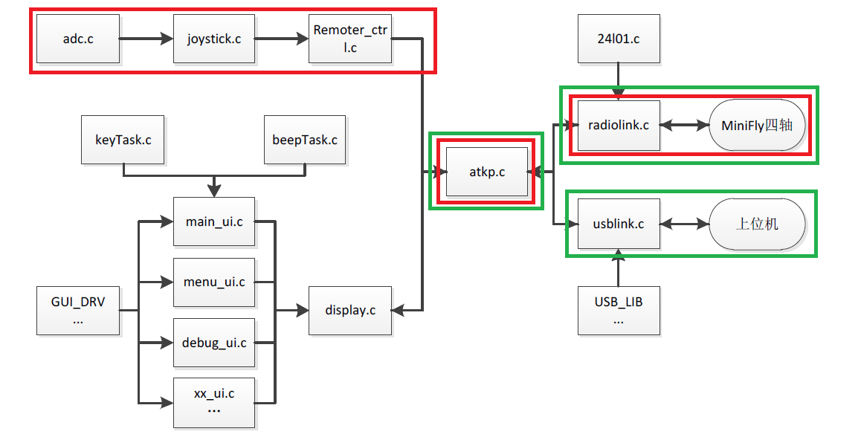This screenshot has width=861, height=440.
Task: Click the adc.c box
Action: click(78, 39)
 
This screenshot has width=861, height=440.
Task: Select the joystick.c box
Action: click(214, 39)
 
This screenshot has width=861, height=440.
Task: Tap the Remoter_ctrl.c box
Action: click(350, 39)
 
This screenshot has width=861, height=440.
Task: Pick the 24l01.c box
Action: click(619, 38)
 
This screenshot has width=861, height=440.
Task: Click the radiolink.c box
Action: click(619, 125)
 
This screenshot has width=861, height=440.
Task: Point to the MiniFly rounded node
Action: click(757, 125)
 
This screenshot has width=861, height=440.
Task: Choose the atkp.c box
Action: click(486, 172)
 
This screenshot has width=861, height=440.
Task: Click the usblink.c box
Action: click(619, 223)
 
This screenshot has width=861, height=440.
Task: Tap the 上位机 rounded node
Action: click(757, 223)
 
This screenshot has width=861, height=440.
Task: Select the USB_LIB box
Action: click(619, 310)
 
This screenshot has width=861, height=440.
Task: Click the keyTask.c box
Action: click(123, 139)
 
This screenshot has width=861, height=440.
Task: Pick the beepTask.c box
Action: click(305, 139)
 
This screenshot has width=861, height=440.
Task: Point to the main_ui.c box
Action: click(214, 221)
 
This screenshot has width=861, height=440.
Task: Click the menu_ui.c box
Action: click(214, 282)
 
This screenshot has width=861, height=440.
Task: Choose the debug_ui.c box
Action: click(214, 343)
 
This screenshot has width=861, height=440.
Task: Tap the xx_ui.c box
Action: click(214, 402)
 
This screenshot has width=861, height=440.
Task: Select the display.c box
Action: click(350, 310)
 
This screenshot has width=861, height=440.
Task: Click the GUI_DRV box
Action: click(78, 310)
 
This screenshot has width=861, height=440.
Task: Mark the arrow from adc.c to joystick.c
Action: click(146, 39)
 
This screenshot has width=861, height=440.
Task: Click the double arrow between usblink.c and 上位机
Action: click(685, 223)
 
